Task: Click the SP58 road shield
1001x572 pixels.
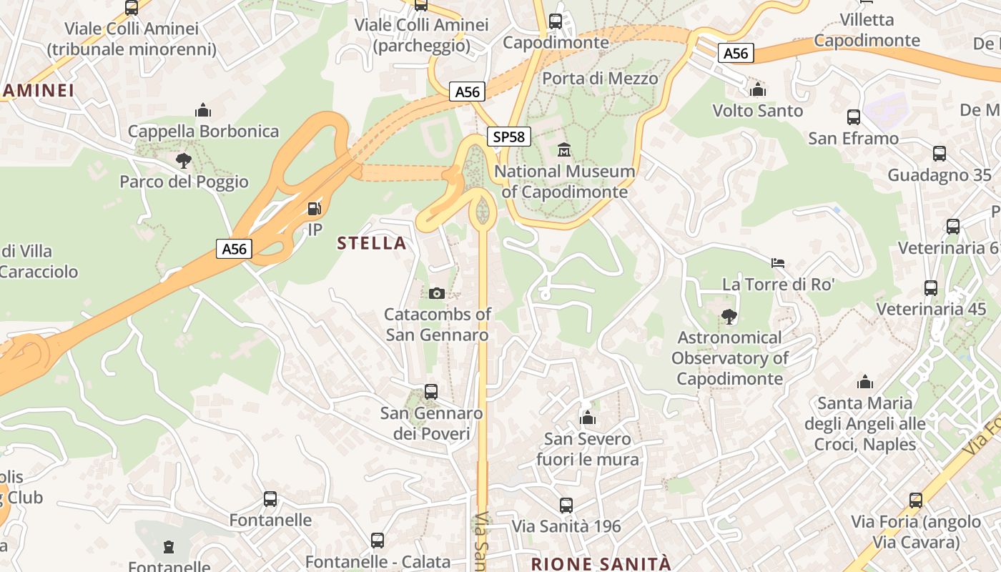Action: tap(509, 137)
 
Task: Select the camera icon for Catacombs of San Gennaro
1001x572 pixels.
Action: tap(437, 293)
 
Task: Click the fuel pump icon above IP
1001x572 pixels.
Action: tap(314, 209)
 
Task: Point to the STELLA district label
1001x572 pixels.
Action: tap(372, 243)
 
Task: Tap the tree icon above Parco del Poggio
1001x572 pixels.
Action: tap(184, 160)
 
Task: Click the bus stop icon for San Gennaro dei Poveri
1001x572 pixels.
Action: tap(431, 392)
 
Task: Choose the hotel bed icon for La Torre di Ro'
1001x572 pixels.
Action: tap(778, 263)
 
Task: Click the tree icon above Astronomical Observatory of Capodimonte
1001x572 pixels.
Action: tap(729, 316)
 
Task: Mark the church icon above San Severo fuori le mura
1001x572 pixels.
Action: tap(588, 418)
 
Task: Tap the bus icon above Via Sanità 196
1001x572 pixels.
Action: tap(566, 506)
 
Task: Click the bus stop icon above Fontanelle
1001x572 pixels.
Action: tap(270, 499)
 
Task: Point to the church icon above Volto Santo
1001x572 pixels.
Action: tap(758, 89)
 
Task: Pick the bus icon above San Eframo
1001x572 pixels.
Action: tap(854, 117)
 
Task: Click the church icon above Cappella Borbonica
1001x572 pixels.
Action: tap(203, 110)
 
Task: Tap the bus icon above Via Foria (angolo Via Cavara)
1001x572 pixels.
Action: tap(916, 500)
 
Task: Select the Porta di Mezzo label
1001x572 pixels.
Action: tap(600, 78)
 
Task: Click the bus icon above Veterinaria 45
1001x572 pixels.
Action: tap(931, 288)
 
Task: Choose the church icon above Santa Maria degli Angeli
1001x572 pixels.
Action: tap(865, 382)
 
